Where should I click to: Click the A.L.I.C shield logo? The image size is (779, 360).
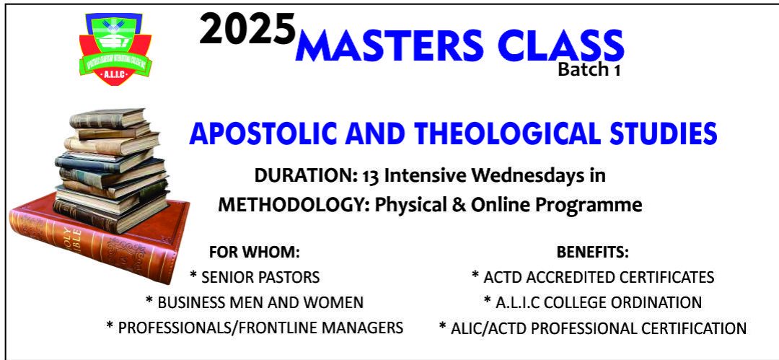115,49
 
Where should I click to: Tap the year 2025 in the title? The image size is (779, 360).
248,30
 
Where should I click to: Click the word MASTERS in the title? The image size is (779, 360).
389,45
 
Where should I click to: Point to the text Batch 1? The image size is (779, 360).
589,69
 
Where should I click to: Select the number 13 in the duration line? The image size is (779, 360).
371,176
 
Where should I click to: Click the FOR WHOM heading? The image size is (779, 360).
255,253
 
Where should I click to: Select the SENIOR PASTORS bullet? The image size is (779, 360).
255,277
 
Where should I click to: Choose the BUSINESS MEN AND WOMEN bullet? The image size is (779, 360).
255,302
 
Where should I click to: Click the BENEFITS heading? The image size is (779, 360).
593,253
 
